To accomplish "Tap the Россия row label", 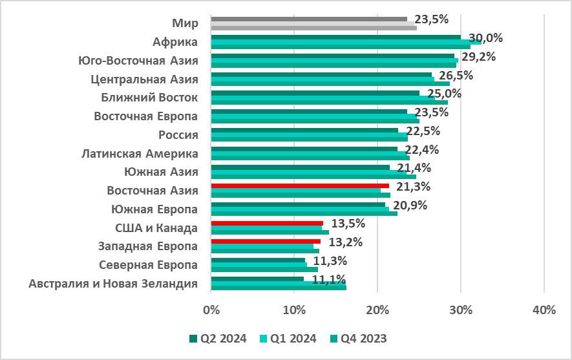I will click(178, 135).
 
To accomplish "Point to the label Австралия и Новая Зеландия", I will click(114, 284).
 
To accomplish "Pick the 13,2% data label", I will click(345, 242).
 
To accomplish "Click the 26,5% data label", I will click(456, 75).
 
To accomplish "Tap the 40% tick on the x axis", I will click(544, 310).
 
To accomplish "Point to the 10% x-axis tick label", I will click(294, 310).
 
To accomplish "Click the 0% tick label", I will click(211, 310).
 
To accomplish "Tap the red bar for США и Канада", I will click(267, 223).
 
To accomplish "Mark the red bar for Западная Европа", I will click(266, 242).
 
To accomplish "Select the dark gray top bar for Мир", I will click(309, 19).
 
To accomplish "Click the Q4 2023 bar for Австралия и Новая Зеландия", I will click(279, 288).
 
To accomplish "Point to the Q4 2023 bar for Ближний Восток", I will click(329, 102).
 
